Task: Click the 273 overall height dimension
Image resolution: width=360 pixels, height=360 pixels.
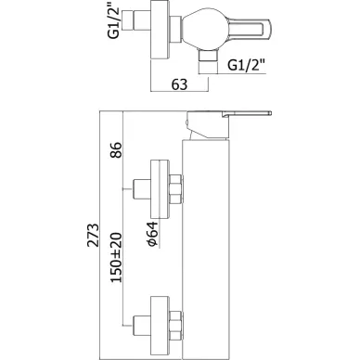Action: coord(93,235)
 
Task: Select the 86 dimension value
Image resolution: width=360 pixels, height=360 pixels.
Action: coord(116,150)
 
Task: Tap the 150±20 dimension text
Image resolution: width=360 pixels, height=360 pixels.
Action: coord(116,258)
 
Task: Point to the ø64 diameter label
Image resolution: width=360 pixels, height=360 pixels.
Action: coord(152,234)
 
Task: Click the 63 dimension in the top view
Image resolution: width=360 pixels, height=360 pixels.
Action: coord(179,84)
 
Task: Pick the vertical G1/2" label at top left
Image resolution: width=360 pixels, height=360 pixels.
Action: coord(114,20)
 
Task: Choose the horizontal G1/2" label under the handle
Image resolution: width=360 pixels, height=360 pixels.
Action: coord(247,65)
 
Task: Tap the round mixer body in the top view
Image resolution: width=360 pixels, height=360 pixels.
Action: coord(201,30)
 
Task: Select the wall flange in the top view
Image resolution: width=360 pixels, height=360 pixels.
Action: coord(160,29)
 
